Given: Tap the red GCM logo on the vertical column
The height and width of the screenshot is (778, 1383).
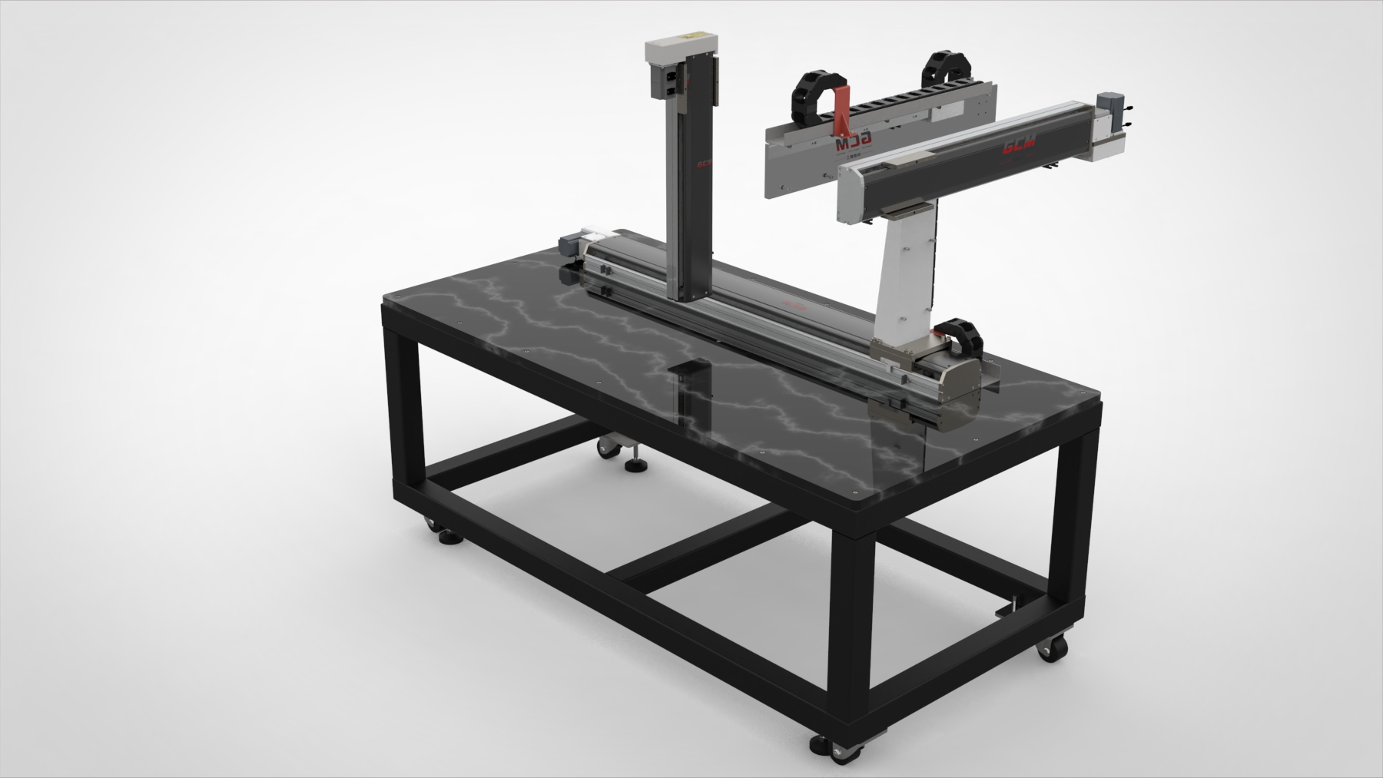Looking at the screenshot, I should tap(703, 164).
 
